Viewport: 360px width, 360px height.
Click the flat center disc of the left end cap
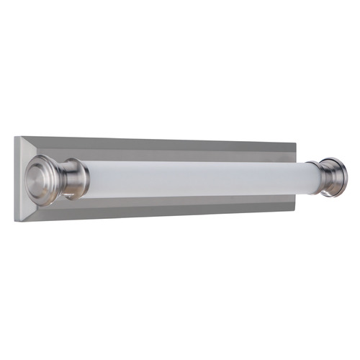click(36, 176)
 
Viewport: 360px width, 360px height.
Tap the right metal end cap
click(337, 177)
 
